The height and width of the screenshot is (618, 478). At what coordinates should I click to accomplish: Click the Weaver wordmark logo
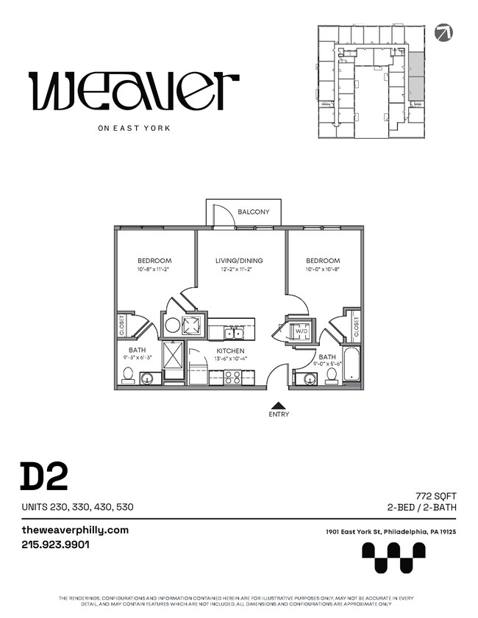coord(133,90)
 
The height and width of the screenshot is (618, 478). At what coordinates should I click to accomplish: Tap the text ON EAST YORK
coord(134,128)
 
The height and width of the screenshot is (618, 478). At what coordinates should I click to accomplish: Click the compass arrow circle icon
coord(443,32)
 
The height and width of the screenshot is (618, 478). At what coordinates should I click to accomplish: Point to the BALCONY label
coord(253,212)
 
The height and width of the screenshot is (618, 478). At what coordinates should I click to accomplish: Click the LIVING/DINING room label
coord(239,261)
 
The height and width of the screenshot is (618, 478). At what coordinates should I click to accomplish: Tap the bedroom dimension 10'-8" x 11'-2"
coord(154,270)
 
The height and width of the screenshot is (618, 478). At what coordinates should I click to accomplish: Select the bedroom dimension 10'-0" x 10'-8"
coord(323,270)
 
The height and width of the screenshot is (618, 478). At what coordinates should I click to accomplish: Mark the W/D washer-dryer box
coord(301,331)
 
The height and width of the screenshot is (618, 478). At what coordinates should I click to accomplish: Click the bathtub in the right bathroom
coord(352,366)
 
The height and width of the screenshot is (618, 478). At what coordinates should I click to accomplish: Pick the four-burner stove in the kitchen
coord(232,377)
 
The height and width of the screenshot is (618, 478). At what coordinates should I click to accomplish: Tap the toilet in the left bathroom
coord(129,376)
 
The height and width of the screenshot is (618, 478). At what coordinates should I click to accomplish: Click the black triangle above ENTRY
coord(279,404)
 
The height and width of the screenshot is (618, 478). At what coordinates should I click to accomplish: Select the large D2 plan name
coord(44,476)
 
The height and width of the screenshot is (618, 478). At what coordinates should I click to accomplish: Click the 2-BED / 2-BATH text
coord(427,508)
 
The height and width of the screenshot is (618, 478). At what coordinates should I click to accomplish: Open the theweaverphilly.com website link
coord(75,530)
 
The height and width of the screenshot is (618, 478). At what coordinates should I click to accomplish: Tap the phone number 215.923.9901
coord(55,545)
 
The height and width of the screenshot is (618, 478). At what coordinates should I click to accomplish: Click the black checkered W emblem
coord(393,557)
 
